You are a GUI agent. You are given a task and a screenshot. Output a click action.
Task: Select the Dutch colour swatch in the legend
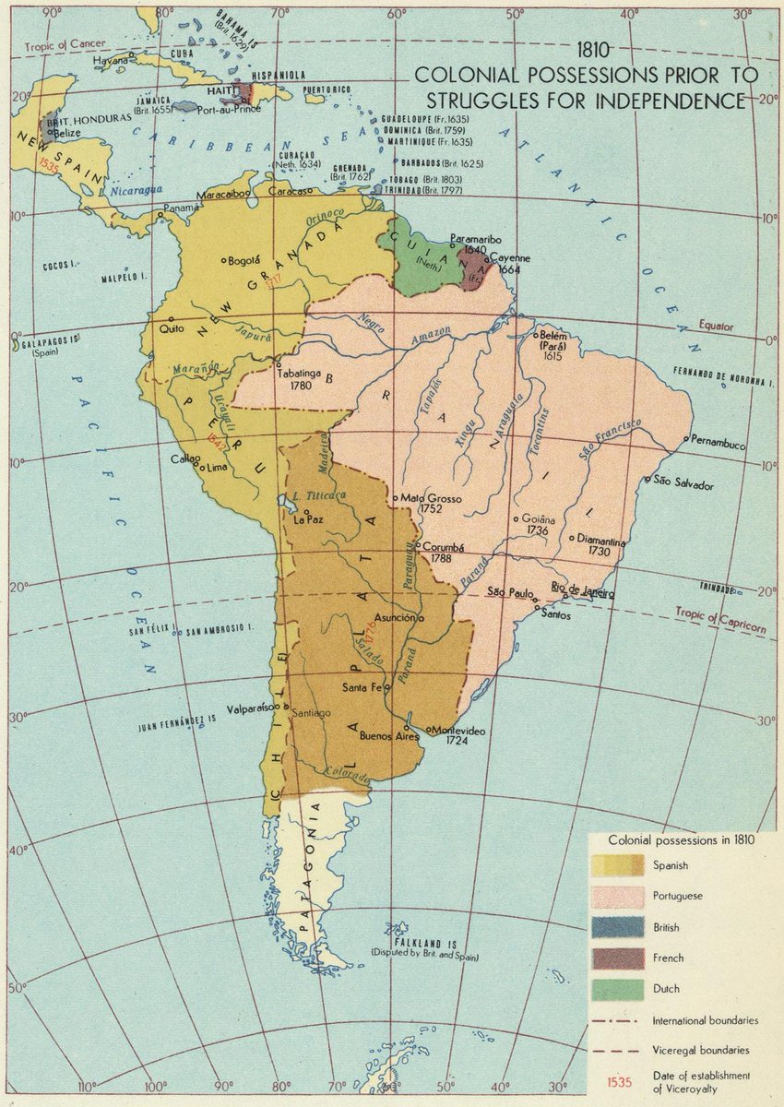617,988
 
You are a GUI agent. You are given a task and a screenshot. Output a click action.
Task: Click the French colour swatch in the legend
617,958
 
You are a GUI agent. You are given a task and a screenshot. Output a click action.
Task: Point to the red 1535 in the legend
620,1081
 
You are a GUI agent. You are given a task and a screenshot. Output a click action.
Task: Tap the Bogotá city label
245,260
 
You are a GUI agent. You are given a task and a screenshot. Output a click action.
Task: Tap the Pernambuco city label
719,444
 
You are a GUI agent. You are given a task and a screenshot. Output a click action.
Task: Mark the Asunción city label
396,617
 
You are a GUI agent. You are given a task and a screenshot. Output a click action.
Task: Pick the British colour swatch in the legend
617,926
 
